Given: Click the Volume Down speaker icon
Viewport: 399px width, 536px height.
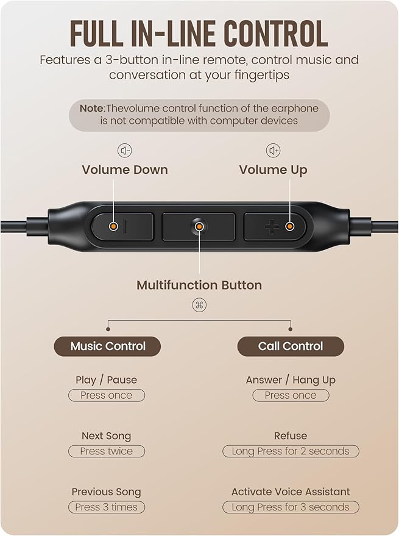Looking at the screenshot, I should click(125, 151).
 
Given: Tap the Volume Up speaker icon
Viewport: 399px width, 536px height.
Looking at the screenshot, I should click(273, 151).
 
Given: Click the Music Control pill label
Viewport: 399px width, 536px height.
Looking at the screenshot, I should click(108, 346).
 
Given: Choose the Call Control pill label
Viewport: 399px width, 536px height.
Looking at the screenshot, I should click(291, 346).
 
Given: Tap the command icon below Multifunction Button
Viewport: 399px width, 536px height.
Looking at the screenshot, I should click(199, 305).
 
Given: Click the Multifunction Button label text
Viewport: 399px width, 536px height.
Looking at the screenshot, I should click(199, 285).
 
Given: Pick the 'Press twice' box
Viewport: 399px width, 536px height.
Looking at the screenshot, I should click(106, 451).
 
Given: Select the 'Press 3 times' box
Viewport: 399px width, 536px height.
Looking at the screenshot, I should click(106, 507).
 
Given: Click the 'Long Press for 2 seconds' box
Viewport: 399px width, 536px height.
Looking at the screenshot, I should click(291, 451).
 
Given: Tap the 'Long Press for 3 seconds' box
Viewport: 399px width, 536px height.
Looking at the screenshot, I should click(291, 507).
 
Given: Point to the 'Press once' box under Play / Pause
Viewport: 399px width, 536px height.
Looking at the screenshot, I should click(106, 395).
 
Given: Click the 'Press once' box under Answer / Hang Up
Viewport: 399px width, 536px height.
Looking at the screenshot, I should click(291, 395).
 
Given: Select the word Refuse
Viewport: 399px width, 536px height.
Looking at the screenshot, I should click(291, 436).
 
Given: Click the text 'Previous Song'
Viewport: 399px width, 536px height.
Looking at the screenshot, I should click(106, 491).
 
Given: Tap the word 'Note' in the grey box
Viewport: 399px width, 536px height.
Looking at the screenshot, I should click(92, 109).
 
